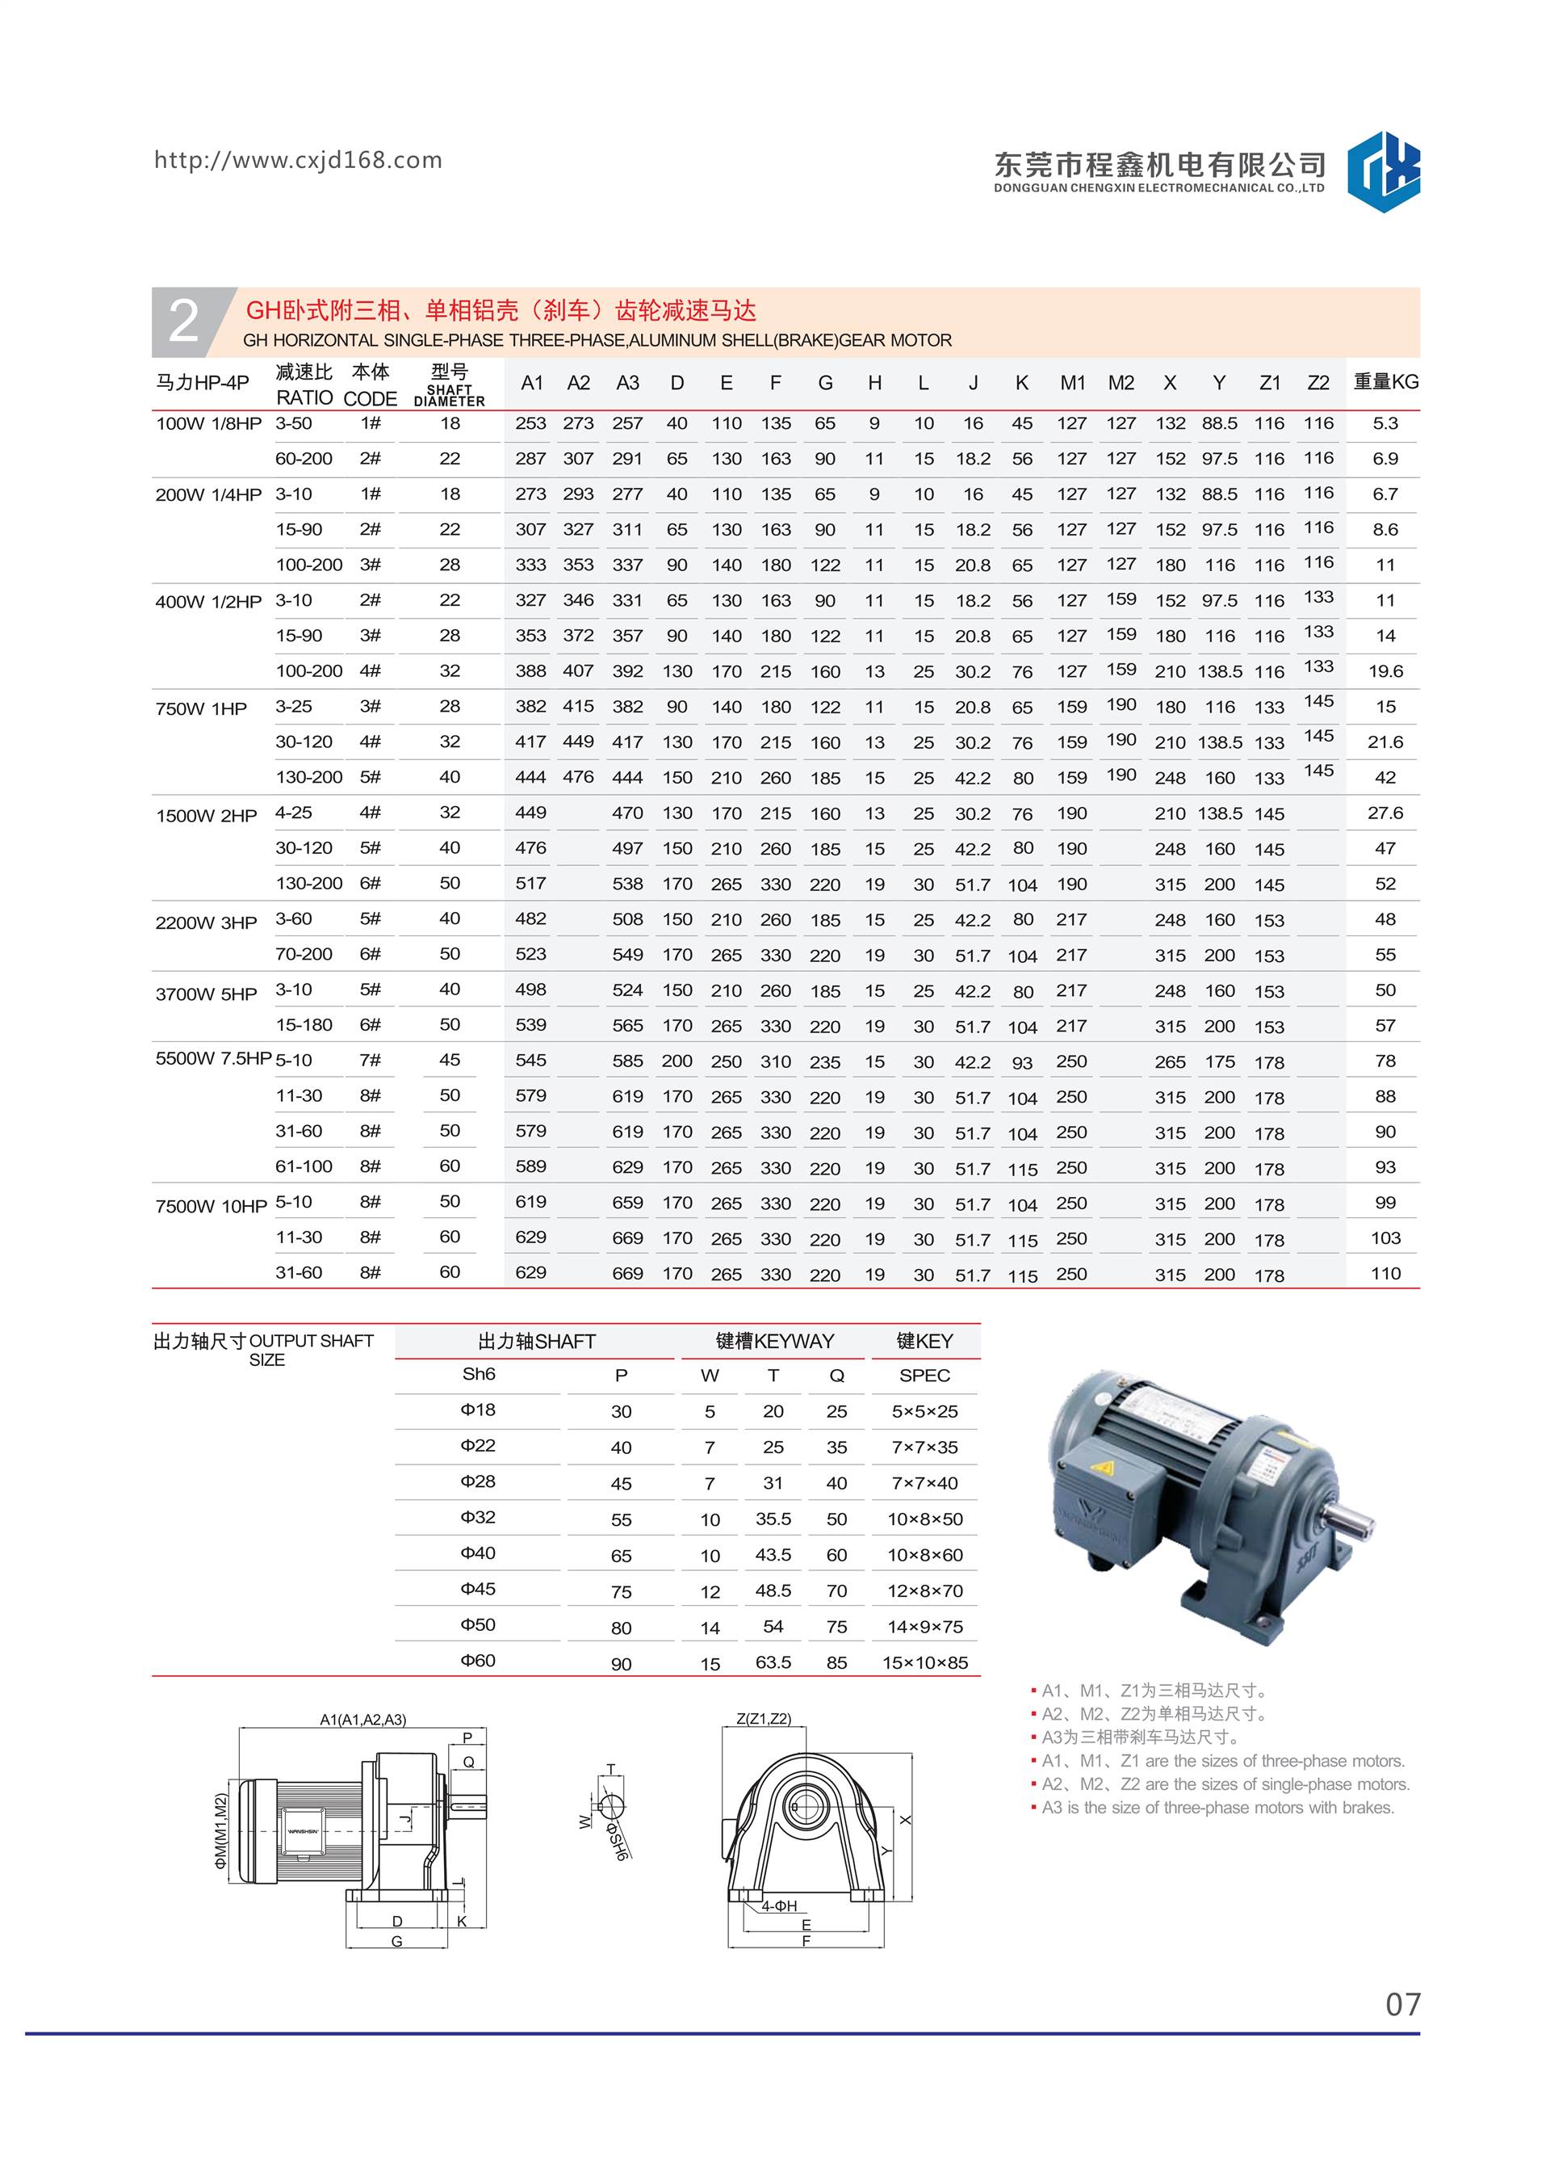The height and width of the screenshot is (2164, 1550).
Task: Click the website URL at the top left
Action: (298, 160)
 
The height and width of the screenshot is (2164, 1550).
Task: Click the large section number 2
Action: (183, 321)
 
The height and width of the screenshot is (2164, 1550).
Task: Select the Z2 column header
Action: (1317, 383)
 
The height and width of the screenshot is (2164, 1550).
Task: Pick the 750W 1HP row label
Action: (201, 708)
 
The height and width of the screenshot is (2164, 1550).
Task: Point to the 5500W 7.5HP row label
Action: (212, 1059)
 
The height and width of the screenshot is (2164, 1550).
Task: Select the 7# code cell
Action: (370, 1060)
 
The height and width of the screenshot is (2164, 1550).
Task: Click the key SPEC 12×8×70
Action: (924, 1590)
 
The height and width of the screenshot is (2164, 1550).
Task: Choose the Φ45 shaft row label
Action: (478, 1589)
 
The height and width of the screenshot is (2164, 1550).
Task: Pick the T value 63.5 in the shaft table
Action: (773, 1662)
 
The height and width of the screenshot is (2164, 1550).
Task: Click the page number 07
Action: (1402, 2005)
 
